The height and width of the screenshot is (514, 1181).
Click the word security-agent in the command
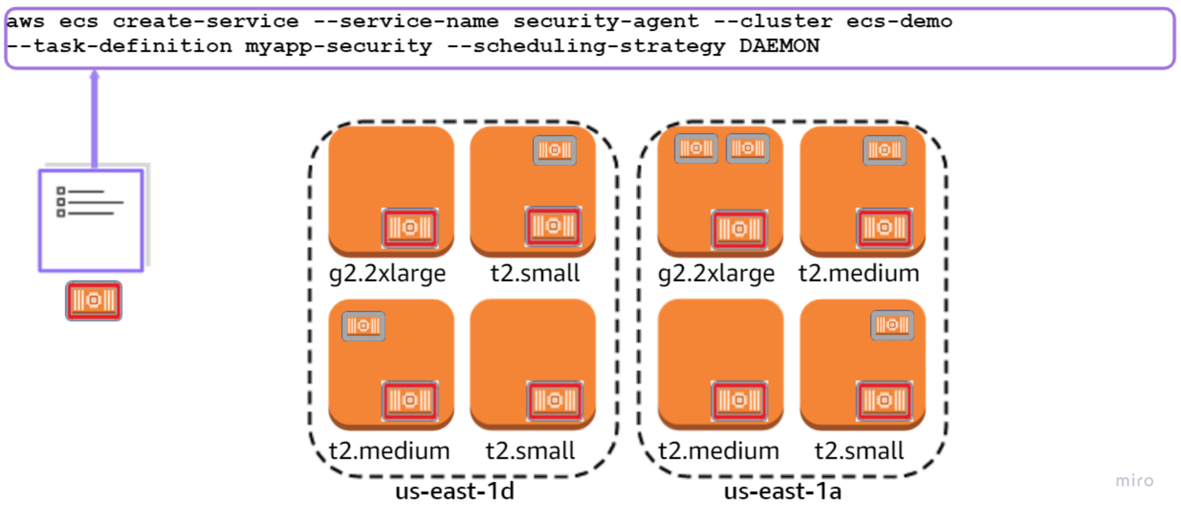coord(606,21)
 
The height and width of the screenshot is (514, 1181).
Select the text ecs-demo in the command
coord(898,21)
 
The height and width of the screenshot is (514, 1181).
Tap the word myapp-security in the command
coord(338,46)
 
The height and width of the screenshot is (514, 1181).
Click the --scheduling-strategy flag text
coord(586,46)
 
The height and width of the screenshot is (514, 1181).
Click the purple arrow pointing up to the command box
coord(94,119)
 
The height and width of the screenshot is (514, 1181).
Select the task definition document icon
coord(91,220)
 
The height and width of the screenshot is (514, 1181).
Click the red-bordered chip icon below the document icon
coord(94,301)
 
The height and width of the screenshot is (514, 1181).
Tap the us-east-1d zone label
coord(454,491)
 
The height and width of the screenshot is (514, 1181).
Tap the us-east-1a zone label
coord(783,491)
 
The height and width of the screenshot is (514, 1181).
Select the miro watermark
coord(1134,481)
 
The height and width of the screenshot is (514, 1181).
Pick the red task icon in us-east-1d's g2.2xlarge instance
coord(410,228)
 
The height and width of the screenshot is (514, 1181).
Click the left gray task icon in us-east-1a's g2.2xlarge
coord(696,148)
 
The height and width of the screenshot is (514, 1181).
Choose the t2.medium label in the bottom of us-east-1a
coord(718,451)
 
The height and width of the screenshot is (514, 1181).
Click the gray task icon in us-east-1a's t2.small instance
coord(892,325)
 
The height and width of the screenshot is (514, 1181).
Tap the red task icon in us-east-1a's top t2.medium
coord(884,228)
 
